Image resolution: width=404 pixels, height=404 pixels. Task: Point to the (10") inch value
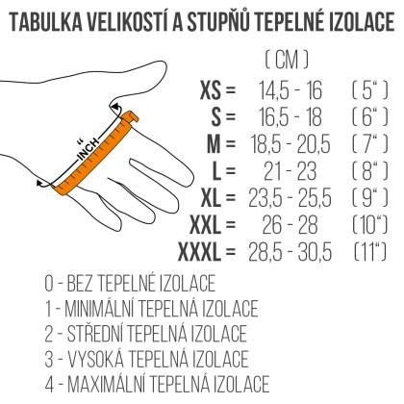(x=369, y=226)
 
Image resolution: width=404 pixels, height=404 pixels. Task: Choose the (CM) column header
(x=287, y=60)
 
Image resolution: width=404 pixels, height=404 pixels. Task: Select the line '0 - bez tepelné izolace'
(x=130, y=285)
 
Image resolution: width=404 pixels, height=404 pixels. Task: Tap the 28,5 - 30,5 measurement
(x=293, y=253)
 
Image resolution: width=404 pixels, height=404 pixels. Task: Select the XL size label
(x=216, y=199)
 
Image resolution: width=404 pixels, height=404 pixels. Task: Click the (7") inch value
(x=369, y=145)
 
